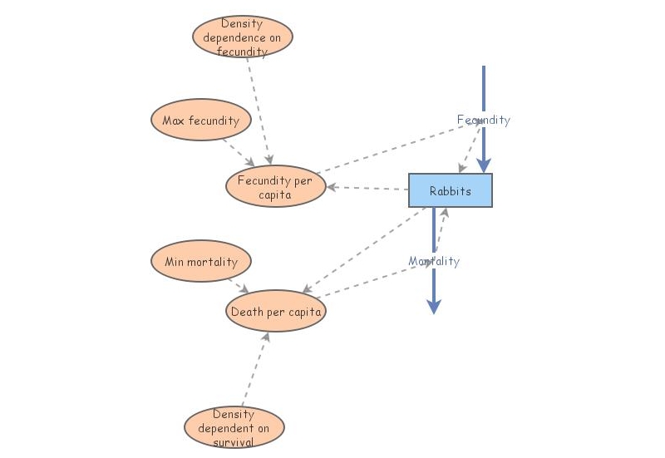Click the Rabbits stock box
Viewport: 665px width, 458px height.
point(450,190)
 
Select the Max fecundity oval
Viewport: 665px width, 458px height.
point(200,121)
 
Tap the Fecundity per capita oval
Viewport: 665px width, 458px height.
point(275,187)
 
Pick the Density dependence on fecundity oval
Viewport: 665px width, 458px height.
point(243,37)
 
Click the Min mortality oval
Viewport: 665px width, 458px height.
point(200,262)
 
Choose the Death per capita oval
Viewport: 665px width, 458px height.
point(275,312)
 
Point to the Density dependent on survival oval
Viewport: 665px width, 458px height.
point(234,427)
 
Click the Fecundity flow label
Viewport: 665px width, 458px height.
point(483,120)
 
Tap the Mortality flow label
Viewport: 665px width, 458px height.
point(433,261)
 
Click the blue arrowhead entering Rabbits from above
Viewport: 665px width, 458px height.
point(483,165)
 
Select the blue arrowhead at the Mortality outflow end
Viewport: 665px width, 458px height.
point(433,306)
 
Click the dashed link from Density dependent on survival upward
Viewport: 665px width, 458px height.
point(255,371)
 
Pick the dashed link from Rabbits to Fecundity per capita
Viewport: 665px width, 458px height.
point(367,188)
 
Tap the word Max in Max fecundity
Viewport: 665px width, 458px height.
point(173,121)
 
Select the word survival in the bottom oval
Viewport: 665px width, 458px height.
point(234,441)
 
